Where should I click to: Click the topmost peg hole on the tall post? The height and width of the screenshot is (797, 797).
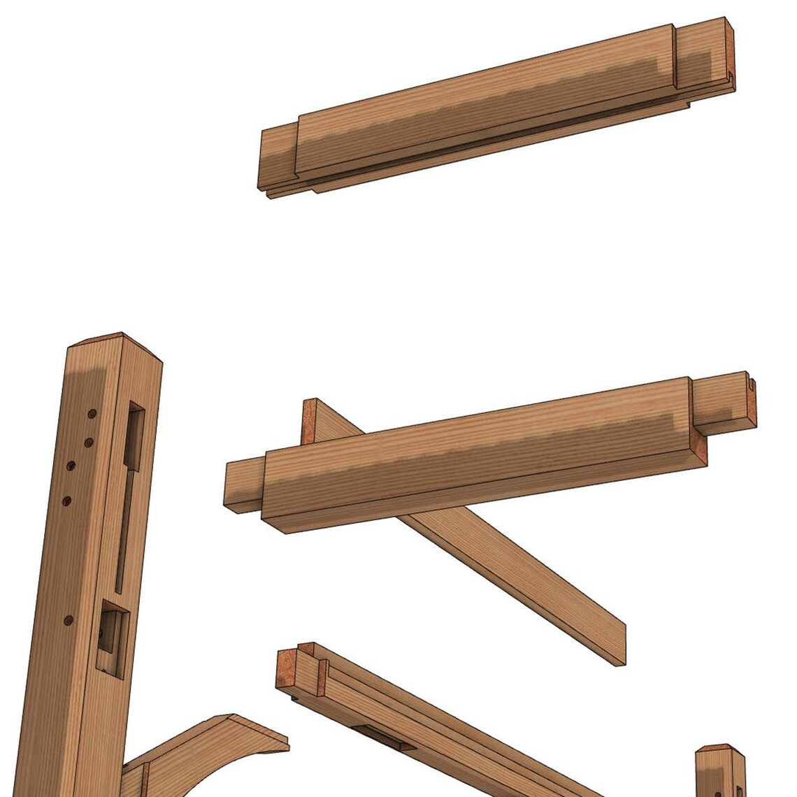point(92,415)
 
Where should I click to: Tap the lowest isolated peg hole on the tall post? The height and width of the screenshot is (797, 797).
point(68,620)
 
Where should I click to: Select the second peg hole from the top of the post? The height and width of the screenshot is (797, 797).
point(88,442)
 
